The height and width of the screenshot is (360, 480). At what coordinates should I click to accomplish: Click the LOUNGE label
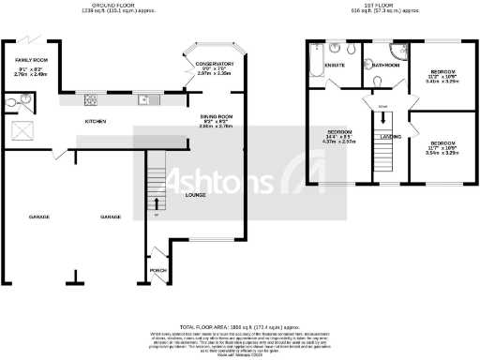coord(195,196)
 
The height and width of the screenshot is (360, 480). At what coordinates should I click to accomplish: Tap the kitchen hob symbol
coord(91,100)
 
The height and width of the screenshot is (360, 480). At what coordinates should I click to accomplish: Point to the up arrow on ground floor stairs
coord(157,203)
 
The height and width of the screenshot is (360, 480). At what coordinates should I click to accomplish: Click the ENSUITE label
coord(335,66)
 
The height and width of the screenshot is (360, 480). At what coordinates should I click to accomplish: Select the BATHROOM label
coord(386,66)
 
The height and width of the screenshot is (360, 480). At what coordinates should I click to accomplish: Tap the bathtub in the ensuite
coord(313,59)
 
